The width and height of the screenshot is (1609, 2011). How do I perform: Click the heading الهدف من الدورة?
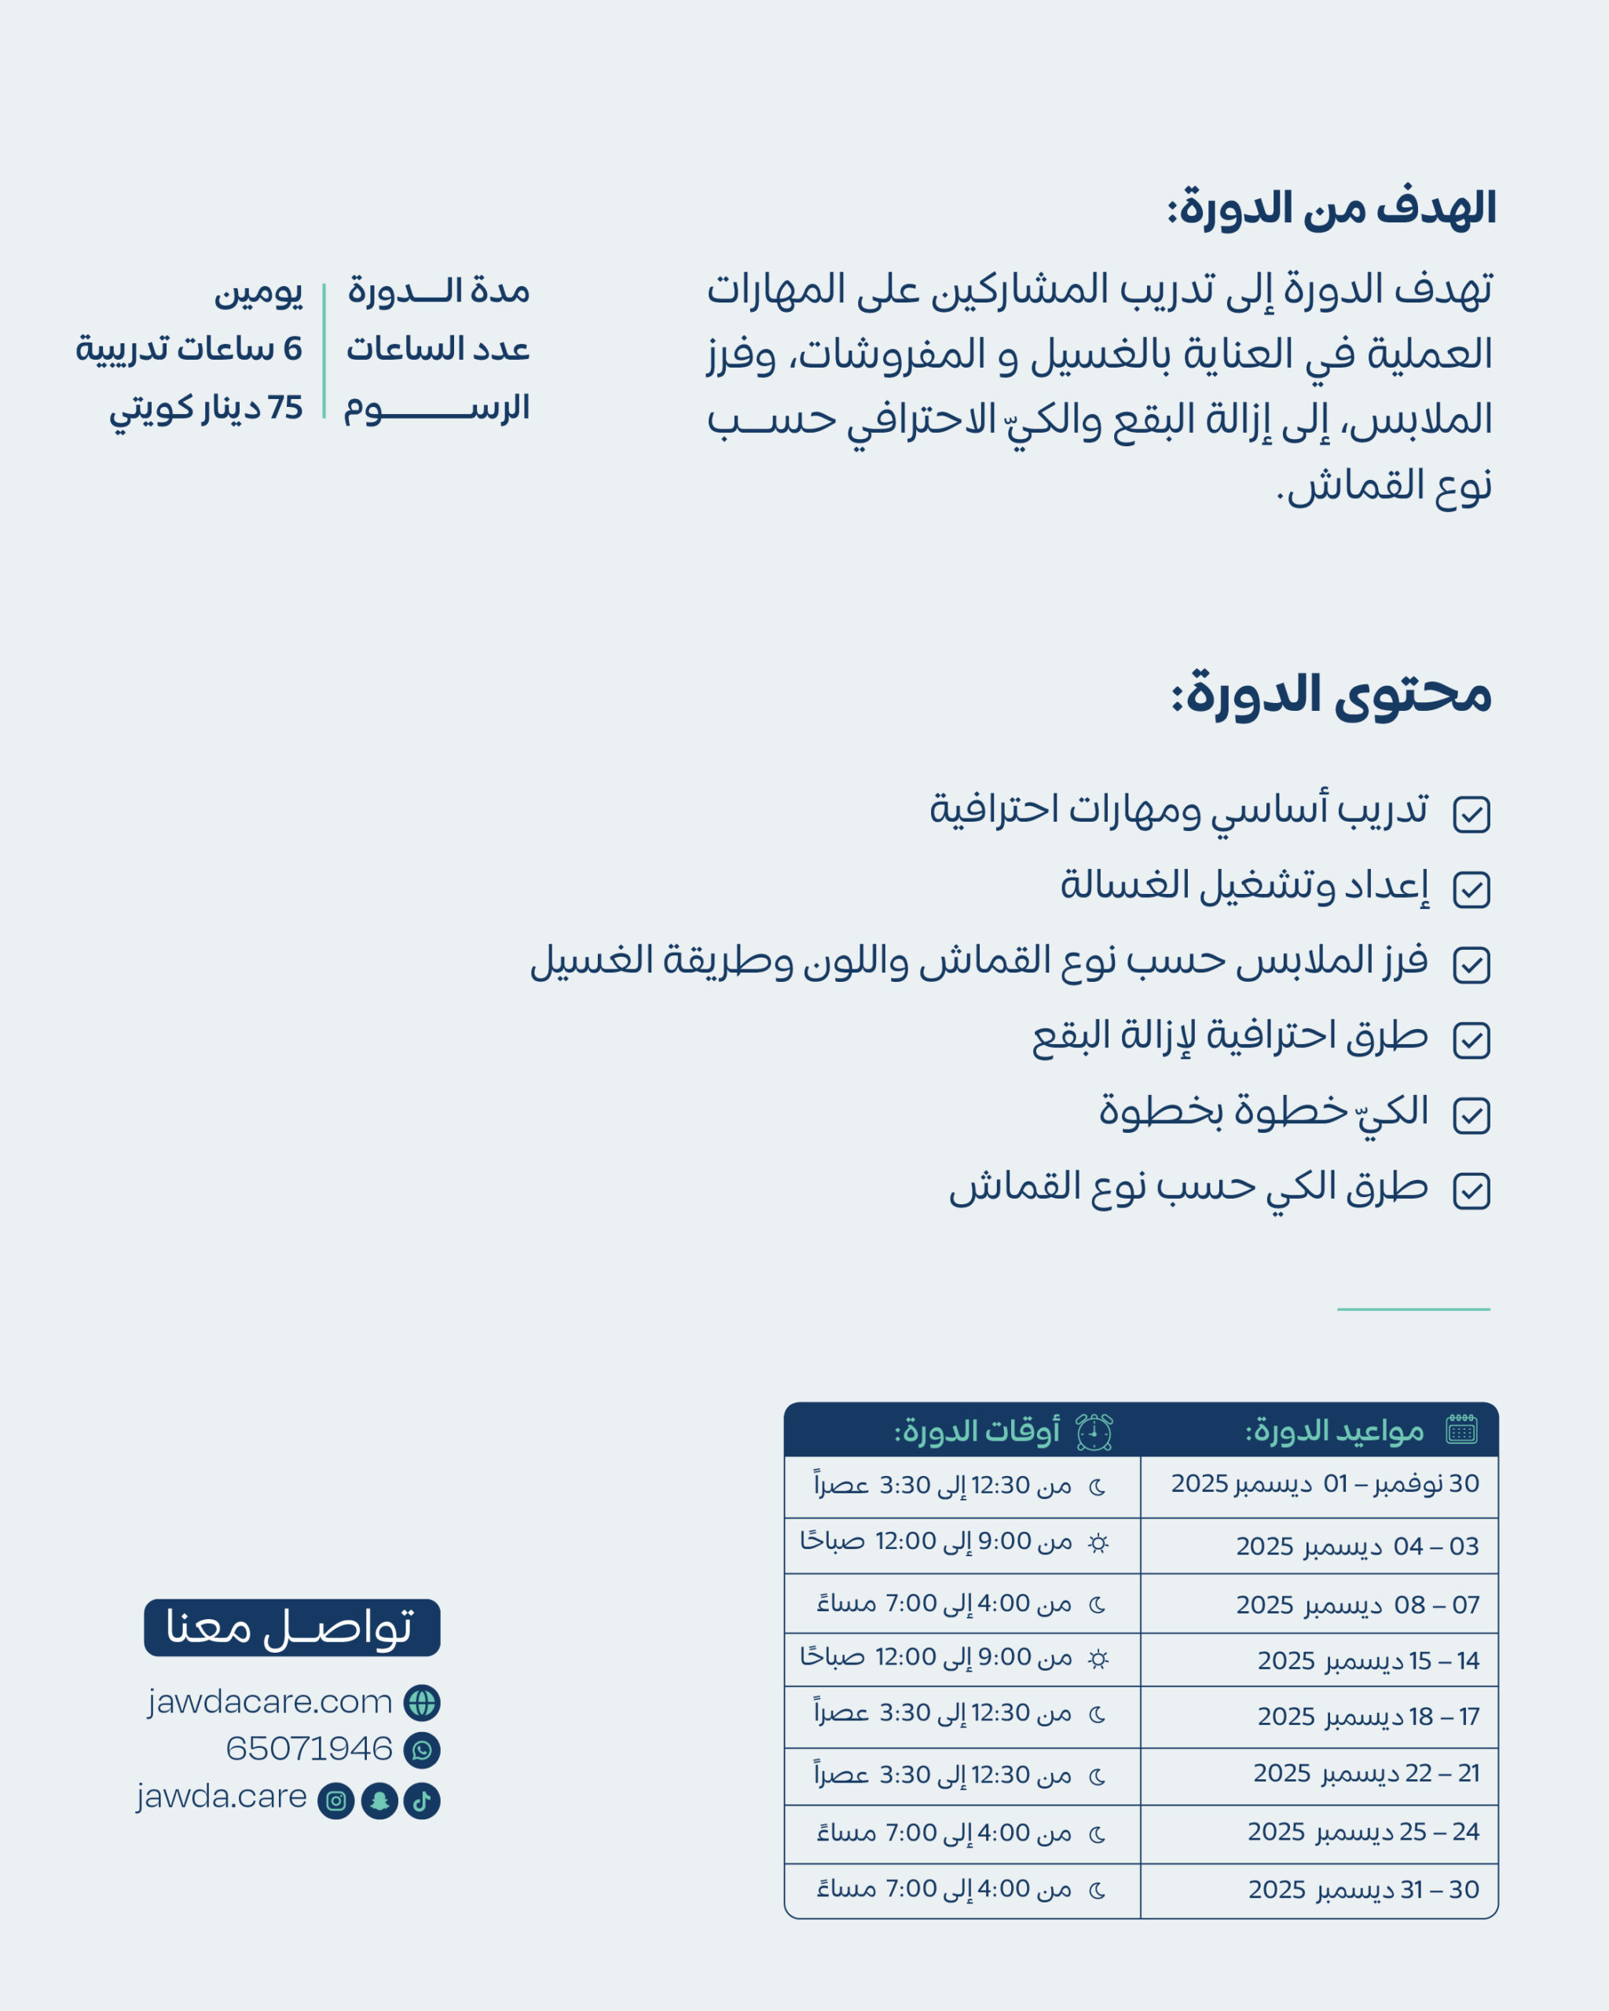1332,208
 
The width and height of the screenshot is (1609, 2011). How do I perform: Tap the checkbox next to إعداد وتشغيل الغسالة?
1471,889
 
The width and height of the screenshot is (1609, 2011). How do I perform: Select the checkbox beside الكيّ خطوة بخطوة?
1471,1115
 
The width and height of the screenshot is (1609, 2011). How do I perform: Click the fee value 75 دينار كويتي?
206,408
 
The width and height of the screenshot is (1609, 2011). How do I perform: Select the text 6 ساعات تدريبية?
189,349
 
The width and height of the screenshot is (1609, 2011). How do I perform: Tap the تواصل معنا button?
292,1628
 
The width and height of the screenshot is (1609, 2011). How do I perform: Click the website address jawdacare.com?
269,1702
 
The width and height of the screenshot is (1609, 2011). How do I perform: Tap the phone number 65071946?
309,1749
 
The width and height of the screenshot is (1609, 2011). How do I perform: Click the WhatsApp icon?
422,1750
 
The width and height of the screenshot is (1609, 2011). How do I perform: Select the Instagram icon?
335,1800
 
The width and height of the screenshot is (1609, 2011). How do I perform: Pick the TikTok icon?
422,1800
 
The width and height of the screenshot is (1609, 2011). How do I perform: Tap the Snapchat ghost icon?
379,1800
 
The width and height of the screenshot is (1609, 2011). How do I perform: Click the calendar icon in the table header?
1461,1429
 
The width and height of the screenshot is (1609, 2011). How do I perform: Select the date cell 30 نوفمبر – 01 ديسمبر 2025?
1325,1483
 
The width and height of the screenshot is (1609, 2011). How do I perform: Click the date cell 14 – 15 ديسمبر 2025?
1368,1661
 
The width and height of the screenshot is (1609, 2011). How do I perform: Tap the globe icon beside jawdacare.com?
422,1702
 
